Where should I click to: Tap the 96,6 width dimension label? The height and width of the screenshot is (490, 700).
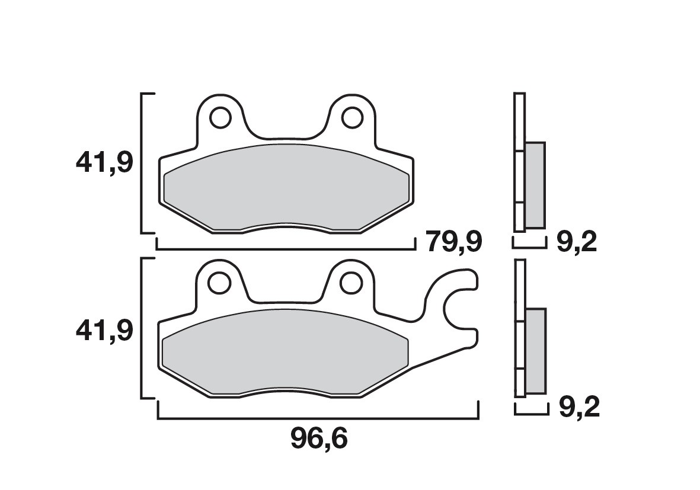[x=318, y=438]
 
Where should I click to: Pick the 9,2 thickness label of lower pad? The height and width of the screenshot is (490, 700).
[x=578, y=408]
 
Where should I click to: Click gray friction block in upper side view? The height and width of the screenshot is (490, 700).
[x=535, y=185]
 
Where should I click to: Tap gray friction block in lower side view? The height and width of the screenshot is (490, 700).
[x=535, y=351]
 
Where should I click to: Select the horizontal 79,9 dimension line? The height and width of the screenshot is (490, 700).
[x=285, y=249]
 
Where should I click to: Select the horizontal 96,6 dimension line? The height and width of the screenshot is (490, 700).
[x=318, y=418]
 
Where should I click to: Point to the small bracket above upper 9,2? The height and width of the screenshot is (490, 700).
[x=529, y=245]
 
